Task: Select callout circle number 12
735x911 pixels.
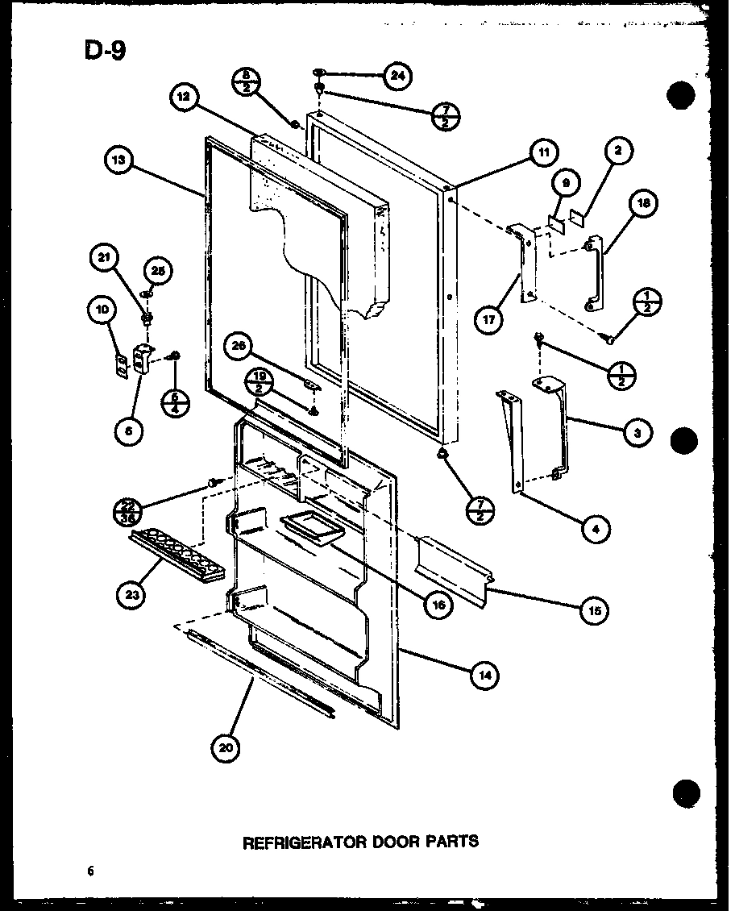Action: [x=185, y=97]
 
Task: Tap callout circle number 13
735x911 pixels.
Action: [x=119, y=161]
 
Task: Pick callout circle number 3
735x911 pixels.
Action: [x=637, y=433]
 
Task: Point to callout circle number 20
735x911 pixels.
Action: [x=228, y=747]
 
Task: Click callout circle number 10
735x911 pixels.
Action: [x=102, y=309]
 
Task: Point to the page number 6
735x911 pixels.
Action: [x=93, y=870]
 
